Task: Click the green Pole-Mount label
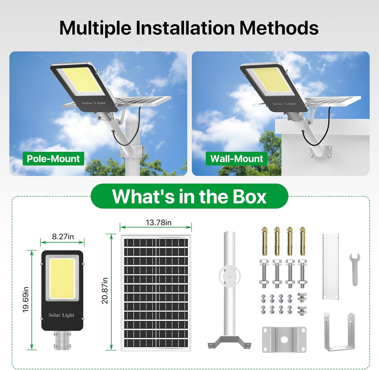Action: (x=53, y=159)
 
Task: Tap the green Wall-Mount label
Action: (x=236, y=159)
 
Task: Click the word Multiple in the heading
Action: (x=95, y=28)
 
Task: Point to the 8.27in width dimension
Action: (x=63, y=237)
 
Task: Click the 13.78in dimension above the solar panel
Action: (x=158, y=223)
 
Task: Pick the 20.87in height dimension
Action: (x=105, y=291)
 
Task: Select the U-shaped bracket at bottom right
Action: (x=339, y=332)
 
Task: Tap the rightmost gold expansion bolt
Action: (x=302, y=241)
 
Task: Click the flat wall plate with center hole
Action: (x=284, y=339)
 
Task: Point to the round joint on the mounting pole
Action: (x=229, y=276)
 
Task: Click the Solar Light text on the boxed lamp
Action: (x=61, y=315)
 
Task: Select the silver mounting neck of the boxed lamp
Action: (x=62, y=340)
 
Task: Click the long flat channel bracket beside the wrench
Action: (x=330, y=267)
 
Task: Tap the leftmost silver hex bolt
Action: (x=264, y=273)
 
